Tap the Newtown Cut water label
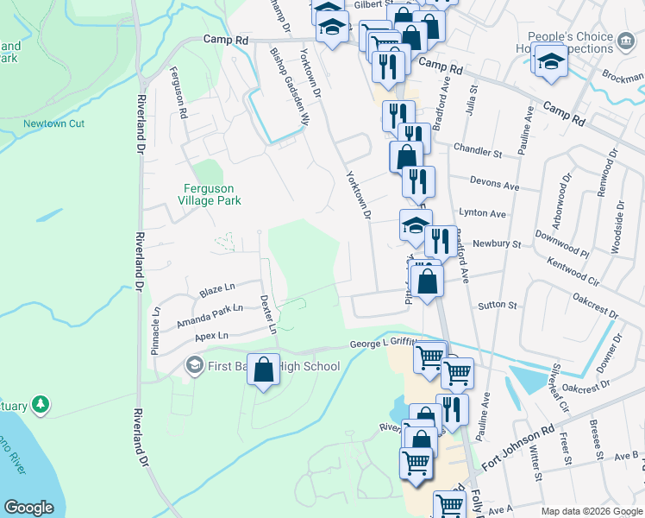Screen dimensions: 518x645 53,123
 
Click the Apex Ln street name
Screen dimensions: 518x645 211,335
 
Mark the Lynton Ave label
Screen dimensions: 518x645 483,213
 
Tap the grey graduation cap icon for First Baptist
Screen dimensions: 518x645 195,366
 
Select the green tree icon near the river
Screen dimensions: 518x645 40,403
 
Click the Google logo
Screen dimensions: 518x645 29,508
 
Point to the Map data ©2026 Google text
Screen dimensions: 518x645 591,511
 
